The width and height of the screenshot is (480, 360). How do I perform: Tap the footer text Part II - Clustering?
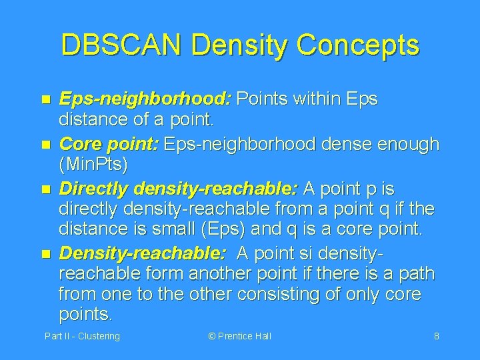point(82,336)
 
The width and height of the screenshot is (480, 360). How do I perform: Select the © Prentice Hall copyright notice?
point(239,336)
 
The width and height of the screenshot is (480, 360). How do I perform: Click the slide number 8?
point(436,336)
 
